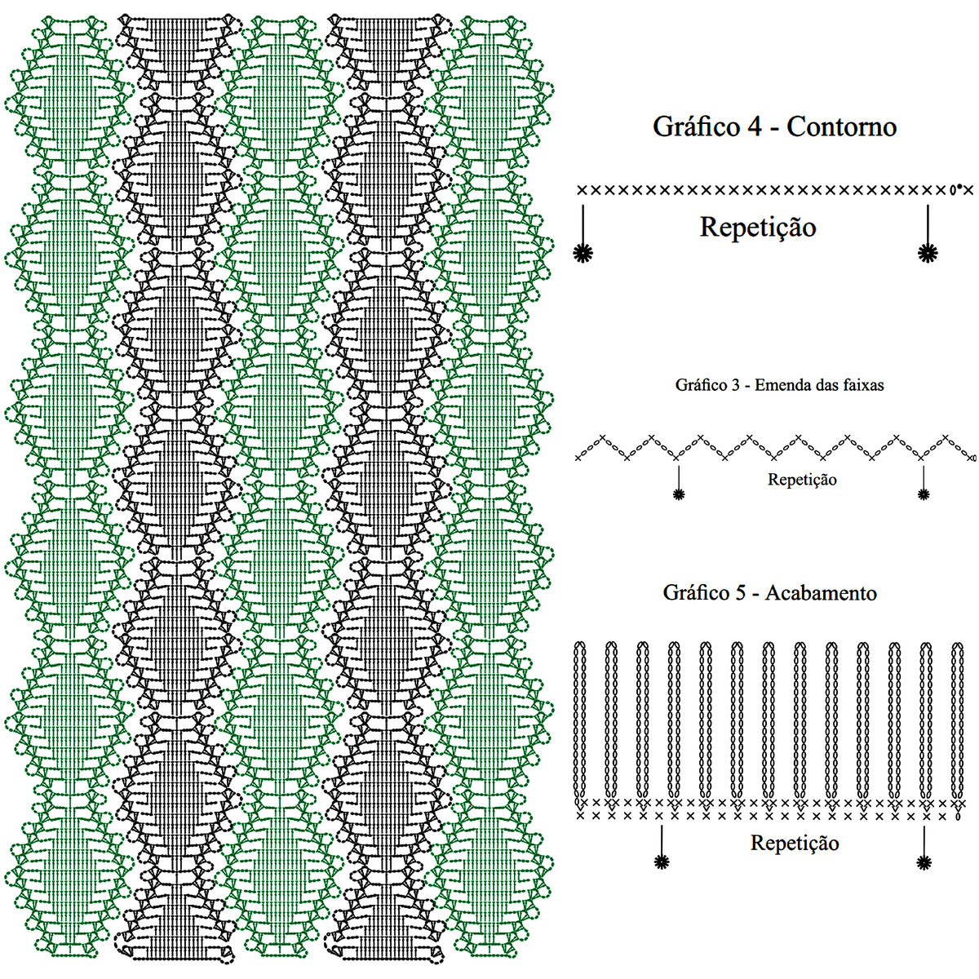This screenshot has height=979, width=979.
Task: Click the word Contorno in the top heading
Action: point(842,126)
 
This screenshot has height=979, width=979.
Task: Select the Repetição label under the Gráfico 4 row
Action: point(758,227)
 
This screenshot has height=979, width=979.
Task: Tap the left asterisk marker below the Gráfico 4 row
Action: point(583,253)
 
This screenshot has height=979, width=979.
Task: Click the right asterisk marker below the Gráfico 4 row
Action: point(927,253)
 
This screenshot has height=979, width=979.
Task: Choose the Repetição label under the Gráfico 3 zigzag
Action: point(802,480)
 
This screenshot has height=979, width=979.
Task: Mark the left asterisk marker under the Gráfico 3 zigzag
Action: point(678,493)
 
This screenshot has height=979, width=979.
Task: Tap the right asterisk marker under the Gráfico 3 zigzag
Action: point(924,493)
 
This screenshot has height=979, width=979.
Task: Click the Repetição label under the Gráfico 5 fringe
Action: point(795,843)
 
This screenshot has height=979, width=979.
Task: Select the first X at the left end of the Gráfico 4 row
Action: point(582,190)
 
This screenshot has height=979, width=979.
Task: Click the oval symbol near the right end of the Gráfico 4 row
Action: point(952,191)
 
